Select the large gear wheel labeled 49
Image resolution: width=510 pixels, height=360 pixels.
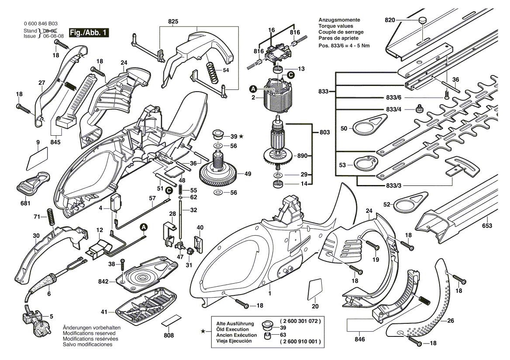click(220, 173)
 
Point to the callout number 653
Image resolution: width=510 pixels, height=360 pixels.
click(487, 226)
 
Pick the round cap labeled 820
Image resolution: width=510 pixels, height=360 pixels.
click(422, 20)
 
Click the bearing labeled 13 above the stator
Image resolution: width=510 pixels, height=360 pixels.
click(277, 69)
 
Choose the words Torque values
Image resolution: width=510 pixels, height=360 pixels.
click(334, 26)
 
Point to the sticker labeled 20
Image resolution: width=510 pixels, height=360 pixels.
click(315, 290)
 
